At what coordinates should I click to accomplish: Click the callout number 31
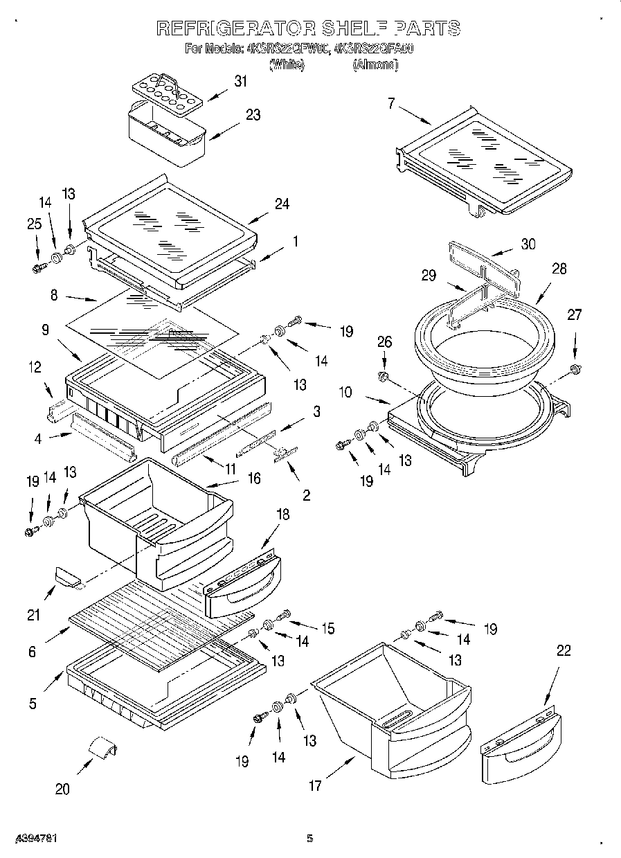pyautogui.click(x=240, y=81)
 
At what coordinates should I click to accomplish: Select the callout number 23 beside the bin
pyautogui.click(x=253, y=115)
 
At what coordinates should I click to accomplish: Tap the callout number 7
pyautogui.click(x=391, y=104)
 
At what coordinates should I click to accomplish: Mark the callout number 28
pyautogui.click(x=559, y=269)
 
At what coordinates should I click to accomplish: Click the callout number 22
pyautogui.click(x=564, y=650)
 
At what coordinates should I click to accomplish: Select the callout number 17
pyautogui.click(x=316, y=785)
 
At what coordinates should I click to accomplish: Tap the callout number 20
pyautogui.click(x=62, y=789)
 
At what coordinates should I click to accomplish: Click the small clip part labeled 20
pyautogui.click(x=102, y=749)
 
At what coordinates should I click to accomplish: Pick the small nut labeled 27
pyautogui.click(x=574, y=368)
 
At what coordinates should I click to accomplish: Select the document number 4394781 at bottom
pyautogui.click(x=29, y=839)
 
